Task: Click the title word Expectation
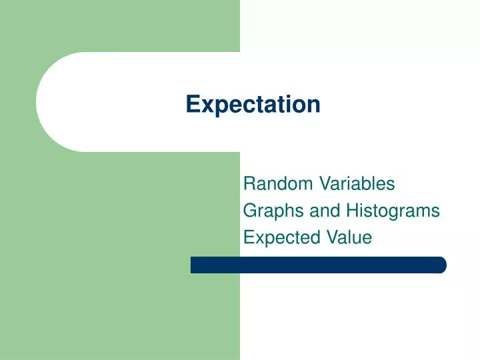(x=253, y=105)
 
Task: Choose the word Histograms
(x=393, y=211)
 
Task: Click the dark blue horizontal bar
(x=318, y=265)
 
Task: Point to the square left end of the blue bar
(x=194, y=265)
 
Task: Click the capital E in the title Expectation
(x=192, y=104)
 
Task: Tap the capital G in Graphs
(x=249, y=211)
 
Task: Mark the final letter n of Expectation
(x=314, y=105)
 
